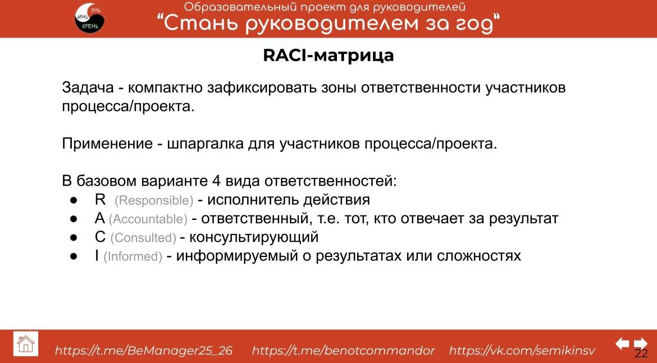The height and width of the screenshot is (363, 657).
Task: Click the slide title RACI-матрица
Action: [x=328, y=56]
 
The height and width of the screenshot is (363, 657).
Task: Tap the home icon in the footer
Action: [x=26, y=343]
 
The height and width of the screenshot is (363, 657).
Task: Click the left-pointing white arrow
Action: [x=622, y=343]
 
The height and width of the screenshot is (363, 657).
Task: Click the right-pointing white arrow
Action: [x=640, y=343]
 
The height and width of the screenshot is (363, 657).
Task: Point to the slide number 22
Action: [x=641, y=353]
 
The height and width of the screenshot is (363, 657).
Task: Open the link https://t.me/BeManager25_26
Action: [x=144, y=351]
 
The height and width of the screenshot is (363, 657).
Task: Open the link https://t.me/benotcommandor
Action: [x=343, y=351]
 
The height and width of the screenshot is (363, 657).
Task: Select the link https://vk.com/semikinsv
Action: [x=522, y=351]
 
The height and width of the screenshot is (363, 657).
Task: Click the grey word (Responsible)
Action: [x=154, y=200]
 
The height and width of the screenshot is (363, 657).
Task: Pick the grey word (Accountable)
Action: [x=148, y=219]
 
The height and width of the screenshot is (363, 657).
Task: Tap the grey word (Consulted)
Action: [x=143, y=238]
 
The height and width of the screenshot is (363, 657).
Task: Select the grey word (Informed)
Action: [x=133, y=256]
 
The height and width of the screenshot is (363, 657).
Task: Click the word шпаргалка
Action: [x=205, y=144]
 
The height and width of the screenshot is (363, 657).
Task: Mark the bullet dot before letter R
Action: [x=73, y=200]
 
